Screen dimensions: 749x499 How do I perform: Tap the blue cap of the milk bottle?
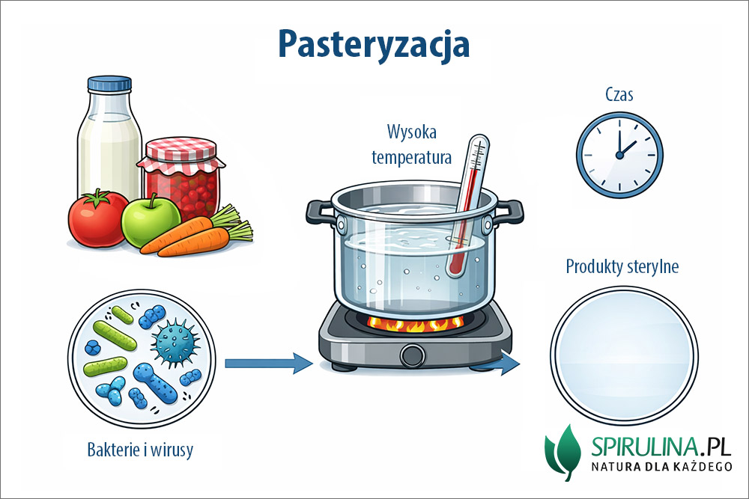click(x=109, y=84)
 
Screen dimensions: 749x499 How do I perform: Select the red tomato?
click(x=97, y=218)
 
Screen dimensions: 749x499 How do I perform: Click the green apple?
click(x=151, y=221)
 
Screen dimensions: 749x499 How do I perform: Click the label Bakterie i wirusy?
click(x=140, y=450)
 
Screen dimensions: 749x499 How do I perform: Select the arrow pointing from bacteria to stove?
click(x=268, y=364)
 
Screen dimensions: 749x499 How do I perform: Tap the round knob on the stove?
click(x=412, y=355)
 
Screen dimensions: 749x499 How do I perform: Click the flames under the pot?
click(x=415, y=325)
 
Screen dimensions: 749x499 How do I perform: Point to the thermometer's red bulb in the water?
click(x=455, y=266)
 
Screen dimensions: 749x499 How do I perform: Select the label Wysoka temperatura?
click(x=412, y=144)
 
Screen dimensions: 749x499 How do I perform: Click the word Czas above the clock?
click(x=619, y=94)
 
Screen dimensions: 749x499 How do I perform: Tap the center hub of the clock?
click(x=619, y=155)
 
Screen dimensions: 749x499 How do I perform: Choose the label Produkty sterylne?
click(x=622, y=266)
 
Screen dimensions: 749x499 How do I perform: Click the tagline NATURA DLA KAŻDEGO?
click(x=661, y=466)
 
